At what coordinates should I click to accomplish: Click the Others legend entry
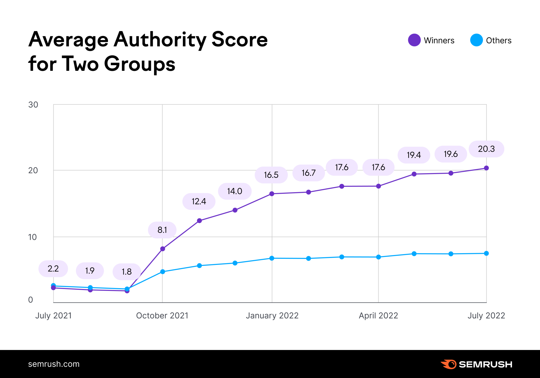[x=491, y=40]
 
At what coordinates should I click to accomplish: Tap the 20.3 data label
[x=486, y=149]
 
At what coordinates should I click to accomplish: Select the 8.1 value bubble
[x=162, y=230]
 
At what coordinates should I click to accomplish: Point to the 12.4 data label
[x=199, y=201]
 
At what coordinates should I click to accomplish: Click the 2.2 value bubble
[x=53, y=269]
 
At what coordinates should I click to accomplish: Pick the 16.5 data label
[x=271, y=175]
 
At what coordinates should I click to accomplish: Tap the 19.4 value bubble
[x=414, y=155]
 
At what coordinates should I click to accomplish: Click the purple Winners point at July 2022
[x=486, y=168]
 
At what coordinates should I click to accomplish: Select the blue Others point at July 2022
[x=486, y=253]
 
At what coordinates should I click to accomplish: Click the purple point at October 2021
[x=163, y=249]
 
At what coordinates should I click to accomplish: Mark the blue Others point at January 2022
[x=272, y=258]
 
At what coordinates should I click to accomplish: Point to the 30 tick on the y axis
[x=33, y=105]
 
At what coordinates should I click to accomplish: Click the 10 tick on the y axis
[x=32, y=237]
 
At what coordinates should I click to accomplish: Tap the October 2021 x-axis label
[x=162, y=316]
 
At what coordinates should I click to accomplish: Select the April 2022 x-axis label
[x=378, y=316]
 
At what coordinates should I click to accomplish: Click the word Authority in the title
[x=160, y=40]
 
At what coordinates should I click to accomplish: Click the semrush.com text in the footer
[x=54, y=364]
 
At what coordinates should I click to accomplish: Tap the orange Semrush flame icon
[x=449, y=364]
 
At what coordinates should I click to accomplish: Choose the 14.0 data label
[x=234, y=191]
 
